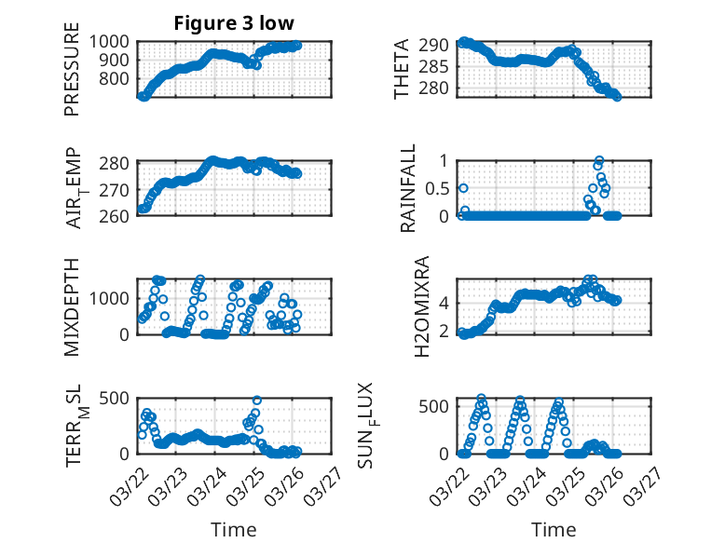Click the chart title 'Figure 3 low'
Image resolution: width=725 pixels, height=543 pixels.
pos(234,23)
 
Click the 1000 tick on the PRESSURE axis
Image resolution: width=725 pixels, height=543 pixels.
pos(116,41)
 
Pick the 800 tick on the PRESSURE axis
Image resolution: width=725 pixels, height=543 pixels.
pos(120,78)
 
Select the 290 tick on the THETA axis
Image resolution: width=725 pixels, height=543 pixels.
pos(438,45)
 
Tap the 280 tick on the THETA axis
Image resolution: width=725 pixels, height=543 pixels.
pos(438,88)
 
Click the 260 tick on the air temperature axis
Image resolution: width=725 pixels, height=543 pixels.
pos(120,216)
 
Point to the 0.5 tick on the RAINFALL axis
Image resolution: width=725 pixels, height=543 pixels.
pos(438,188)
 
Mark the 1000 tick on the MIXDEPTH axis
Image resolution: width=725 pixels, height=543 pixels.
pos(116,298)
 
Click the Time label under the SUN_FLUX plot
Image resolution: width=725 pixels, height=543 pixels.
pos(554,529)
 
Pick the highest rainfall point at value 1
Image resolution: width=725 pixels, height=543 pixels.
pos(598,160)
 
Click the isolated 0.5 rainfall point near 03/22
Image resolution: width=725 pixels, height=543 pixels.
pos(463,188)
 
